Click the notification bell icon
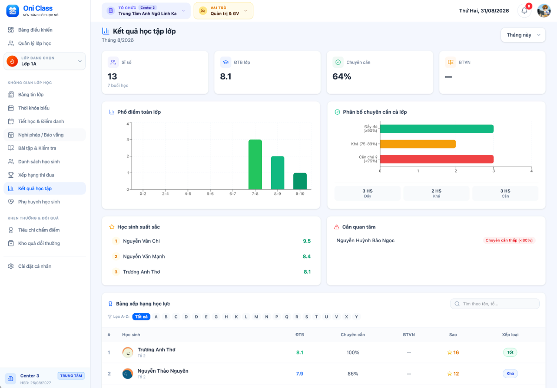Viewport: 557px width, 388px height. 524,11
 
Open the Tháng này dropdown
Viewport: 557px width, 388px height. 523,35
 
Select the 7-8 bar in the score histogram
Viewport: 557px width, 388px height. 255,164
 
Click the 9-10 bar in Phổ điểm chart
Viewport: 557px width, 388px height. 300,181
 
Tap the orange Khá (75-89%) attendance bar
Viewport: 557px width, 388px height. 418,144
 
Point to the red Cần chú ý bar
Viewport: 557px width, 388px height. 437,159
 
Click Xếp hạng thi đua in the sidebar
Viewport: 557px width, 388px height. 36,175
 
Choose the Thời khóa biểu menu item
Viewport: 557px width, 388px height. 34,108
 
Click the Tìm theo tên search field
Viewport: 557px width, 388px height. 495,304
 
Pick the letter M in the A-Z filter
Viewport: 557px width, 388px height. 256,317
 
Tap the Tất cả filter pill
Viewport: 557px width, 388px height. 141,317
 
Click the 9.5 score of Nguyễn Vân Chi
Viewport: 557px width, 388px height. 307,241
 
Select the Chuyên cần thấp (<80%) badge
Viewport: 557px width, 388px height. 509,240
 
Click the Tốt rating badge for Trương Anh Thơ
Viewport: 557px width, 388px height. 510,352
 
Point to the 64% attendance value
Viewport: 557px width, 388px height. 342,77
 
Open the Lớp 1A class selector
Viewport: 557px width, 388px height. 45,61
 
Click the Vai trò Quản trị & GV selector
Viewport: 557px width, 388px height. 223,11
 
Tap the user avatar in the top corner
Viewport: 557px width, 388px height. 544,11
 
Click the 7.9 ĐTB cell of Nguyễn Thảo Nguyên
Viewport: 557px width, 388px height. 299,374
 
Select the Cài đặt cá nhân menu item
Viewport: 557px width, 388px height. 34,266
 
